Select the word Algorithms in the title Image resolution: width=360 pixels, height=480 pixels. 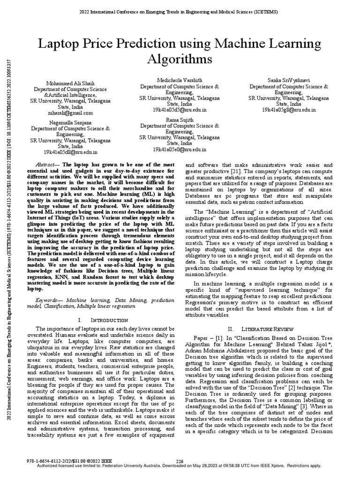click(x=180, y=59)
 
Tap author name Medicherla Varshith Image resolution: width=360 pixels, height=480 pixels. click(x=180, y=81)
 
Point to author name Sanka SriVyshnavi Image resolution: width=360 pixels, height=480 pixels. click(x=289, y=81)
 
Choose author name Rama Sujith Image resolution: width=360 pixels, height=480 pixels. click(x=180, y=120)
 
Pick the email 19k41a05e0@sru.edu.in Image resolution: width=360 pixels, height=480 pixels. click(x=180, y=150)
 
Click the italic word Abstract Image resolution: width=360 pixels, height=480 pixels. click(x=47, y=165)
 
